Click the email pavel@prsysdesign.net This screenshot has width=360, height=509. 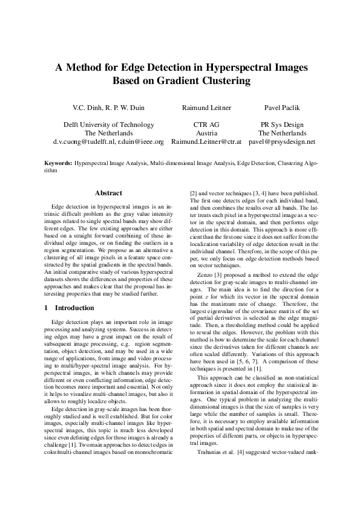(282, 143)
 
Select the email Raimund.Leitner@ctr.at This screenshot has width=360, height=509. (206, 143)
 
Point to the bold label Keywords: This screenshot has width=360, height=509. (59, 163)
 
